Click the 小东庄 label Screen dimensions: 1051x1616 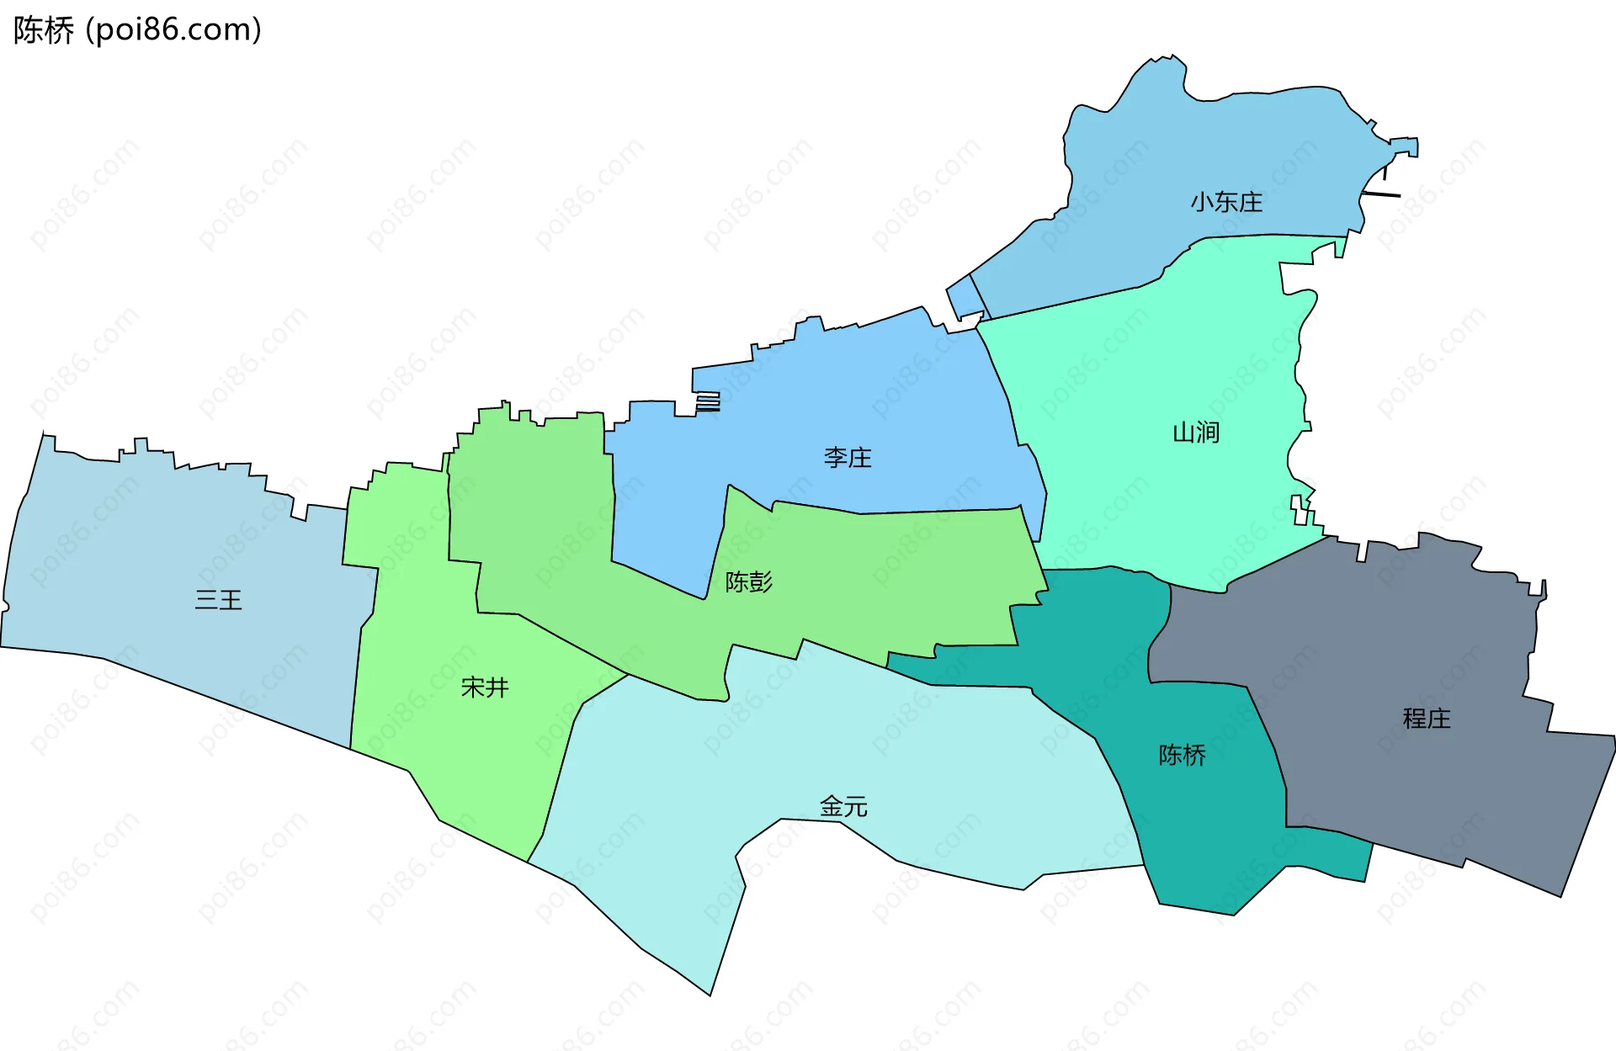pyautogui.click(x=1226, y=202)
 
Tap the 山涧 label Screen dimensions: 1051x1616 pyautogui.click(x=1196, y=433)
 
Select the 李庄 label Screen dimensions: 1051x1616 pyautogui.click(x=848, y=458)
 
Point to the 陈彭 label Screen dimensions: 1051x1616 pyautogui.click(x=748, y=581)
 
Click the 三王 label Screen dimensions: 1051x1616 pyautogui.click(x=218, y=600)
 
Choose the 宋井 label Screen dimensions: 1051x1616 pyautogui.click(x=485, y=687)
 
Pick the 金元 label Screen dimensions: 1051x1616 pyautogui.click(x=843, y=806)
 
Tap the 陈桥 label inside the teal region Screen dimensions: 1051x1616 pyautogui.click(x=1182, y=755)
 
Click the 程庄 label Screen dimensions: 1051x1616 pyautogui.click(x=1427, y=718)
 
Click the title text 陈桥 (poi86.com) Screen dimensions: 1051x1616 pyautogui.click(x=137, y=30)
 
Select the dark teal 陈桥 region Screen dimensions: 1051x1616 pyautogui.click(x=1212, y=841)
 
